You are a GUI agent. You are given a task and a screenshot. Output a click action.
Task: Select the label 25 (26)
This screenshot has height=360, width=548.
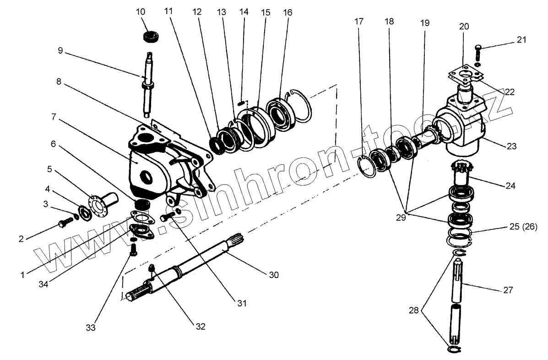pyautogui.click(x=520, y=226)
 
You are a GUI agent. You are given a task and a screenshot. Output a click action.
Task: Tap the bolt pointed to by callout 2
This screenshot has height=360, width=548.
pyautogui.click(x=65, y=224)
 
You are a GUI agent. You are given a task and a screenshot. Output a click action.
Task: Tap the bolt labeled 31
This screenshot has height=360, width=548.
pyautogui.click(x=168, y=216)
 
